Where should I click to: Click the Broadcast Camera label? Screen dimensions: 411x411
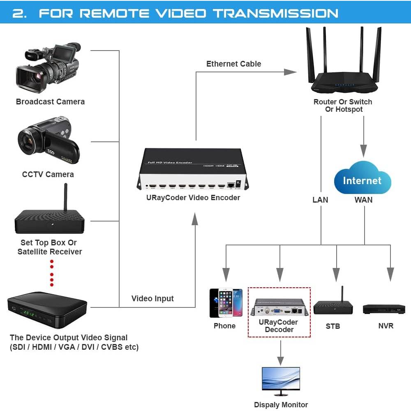(50, 102)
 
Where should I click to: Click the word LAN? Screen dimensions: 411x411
(320, 200)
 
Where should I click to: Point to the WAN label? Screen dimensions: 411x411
(363, 200)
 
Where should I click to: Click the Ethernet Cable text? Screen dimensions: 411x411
(233, 64)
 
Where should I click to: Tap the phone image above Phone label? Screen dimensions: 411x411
(226, 303)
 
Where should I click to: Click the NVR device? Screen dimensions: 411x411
(384, 309)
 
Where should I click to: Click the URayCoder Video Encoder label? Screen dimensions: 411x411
(193, 198)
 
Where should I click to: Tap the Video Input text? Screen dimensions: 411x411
(152, 298)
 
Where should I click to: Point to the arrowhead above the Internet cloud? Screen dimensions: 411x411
(363, 151)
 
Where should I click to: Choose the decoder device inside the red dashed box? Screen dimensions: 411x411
(279, 307)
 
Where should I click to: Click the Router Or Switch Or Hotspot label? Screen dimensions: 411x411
(343, 106)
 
